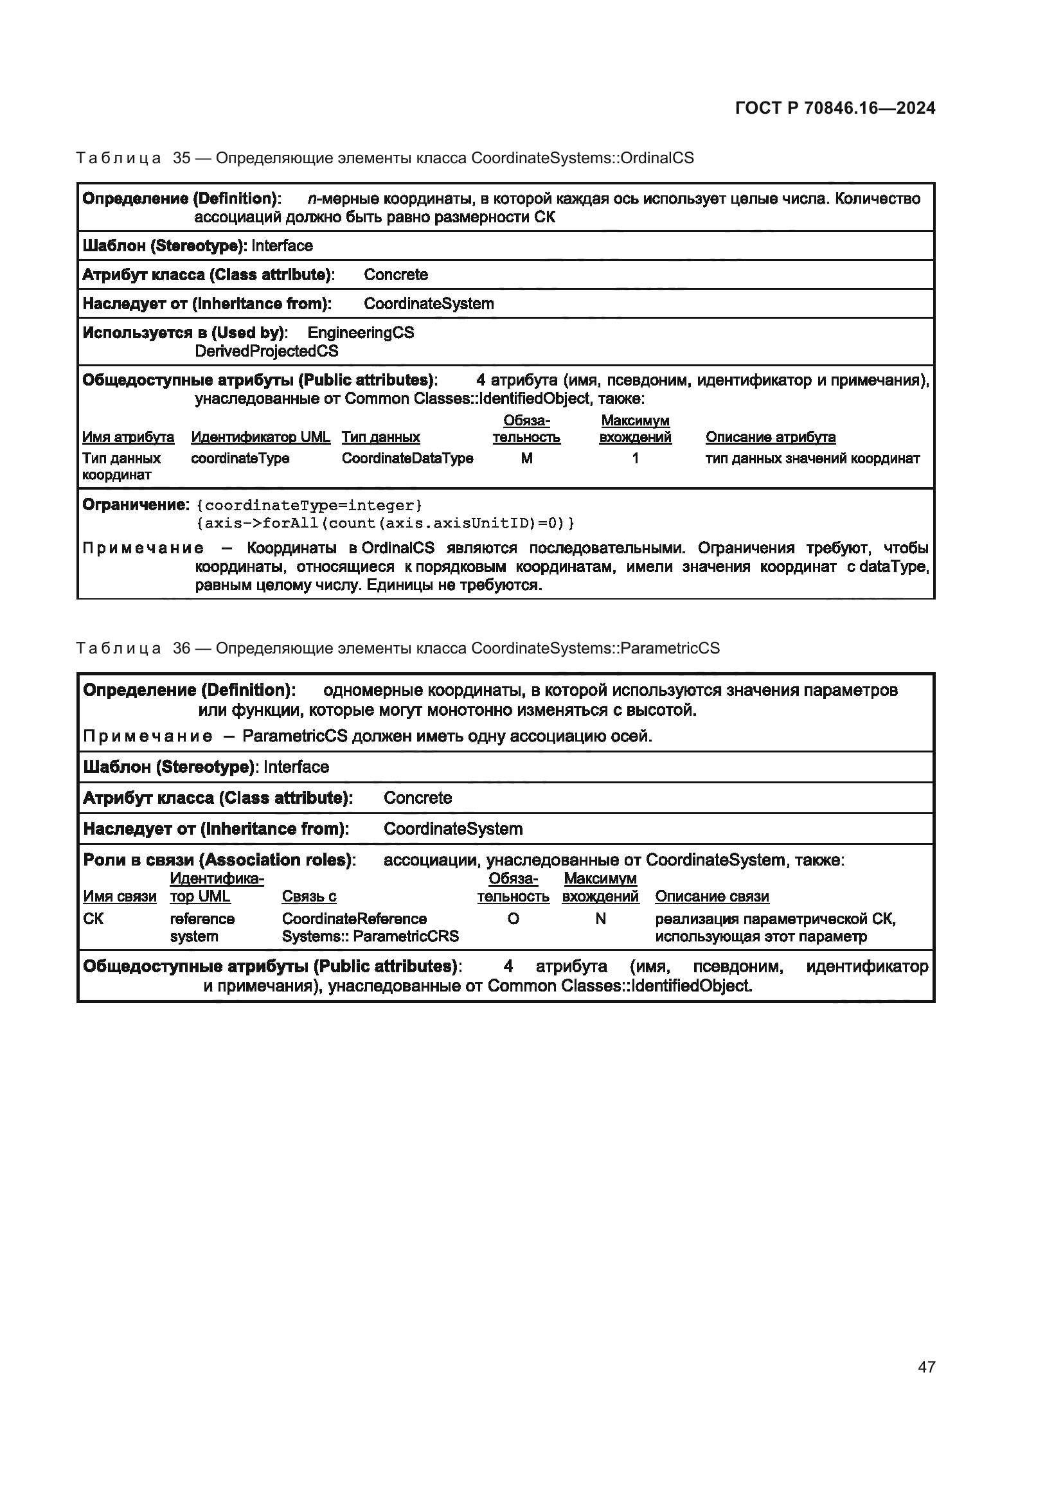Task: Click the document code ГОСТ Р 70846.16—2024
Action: [x=835, y=108]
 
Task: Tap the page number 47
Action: [x=926, y=1366]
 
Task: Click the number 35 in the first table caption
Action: [x=181, y=158]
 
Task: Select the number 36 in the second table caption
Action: [x=181, y=648]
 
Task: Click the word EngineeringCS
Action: [x=361, y=333]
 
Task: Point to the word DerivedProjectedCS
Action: [x=267, y=351]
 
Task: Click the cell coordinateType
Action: [x=240, y=458]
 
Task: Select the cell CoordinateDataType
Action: [x=407, y=458]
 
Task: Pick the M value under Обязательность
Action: [x=526, y=458]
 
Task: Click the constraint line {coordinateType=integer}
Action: [x=309, y=505]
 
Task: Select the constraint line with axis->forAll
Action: [x=385, y=523]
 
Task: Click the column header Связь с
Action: [x=309, y=896]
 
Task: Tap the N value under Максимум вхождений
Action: [x=600, y=919]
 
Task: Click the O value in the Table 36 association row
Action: [x=513, y=919]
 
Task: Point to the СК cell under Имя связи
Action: [x=94, y=919]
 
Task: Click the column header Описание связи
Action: [x=711, y=896]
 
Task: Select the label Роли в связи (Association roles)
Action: [x=219, y=860]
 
